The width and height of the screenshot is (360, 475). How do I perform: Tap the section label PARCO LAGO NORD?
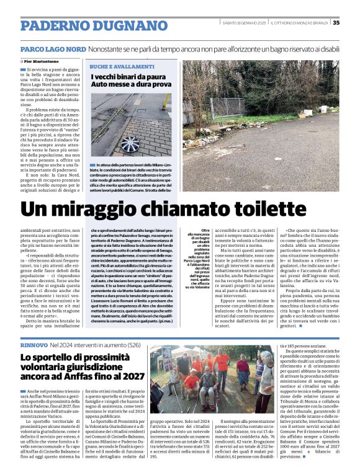tap(53, 48)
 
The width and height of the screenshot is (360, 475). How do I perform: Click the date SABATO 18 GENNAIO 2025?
tap(248, 23)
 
